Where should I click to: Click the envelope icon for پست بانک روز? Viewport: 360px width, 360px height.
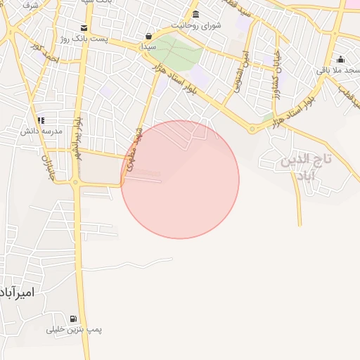pyautogui.click(x=84, y=28)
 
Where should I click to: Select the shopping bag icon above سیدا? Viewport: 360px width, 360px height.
pyautogui.click(x=148, y=36)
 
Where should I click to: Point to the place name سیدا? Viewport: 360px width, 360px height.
pyautogui.click(x=148, y=46)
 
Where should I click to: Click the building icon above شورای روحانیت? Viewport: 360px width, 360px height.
pyautogui.click(x=195, y=15)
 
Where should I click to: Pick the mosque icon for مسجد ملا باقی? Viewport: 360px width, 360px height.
pyautogui.click(x=341, y=59)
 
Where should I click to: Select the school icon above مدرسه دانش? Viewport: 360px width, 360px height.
pyautogui.click(x=41, y=120)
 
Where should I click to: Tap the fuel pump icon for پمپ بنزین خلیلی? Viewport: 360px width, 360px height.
pyautogui.click(x=74, y=319)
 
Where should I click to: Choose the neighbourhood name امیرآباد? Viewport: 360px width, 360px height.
pyautogui.click(x=18, y=291)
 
